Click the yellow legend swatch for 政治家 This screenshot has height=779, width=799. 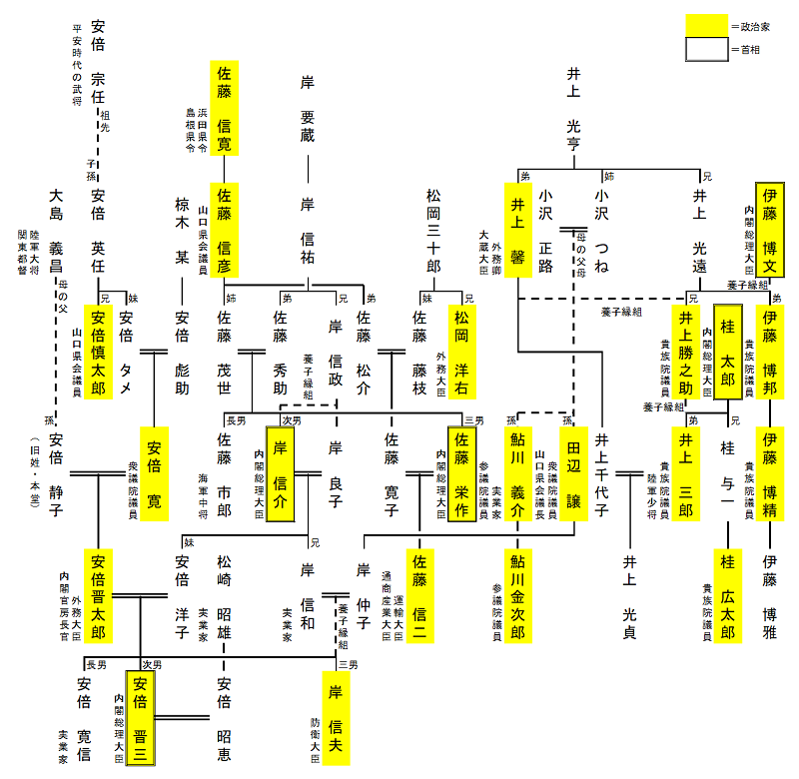706,25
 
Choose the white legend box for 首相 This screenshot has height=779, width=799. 706,49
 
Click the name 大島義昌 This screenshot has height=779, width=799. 55,230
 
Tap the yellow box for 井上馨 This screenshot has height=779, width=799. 517,231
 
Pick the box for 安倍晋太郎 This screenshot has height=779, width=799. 97,596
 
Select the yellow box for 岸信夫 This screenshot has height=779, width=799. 336,717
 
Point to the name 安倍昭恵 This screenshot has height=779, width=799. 224,717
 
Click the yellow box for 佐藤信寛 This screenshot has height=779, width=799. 224,107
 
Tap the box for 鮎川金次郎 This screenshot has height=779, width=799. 517,596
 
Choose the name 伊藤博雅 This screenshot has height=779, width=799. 769,596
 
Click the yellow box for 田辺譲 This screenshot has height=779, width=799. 573,473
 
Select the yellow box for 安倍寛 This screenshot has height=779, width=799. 155,473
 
